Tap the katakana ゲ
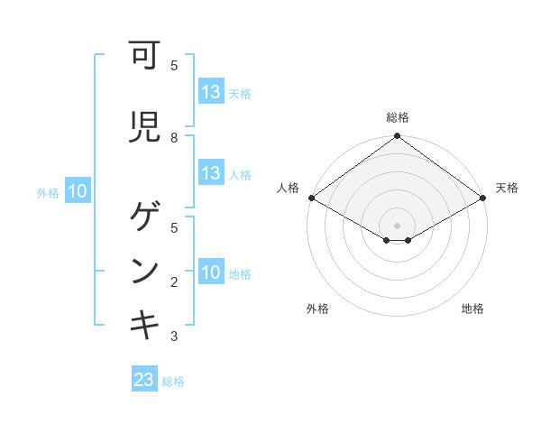144,217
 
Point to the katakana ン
144,271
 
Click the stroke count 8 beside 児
174,137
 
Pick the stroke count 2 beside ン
174,281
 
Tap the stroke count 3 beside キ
174,336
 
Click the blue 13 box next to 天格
211,92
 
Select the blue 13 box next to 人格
211,173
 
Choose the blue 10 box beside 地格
211,272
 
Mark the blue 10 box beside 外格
78,191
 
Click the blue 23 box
144,381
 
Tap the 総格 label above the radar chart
398,117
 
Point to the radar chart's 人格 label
289,188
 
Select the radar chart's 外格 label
317,309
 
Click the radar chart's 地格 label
472,309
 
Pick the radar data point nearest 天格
483,198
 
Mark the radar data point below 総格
398,137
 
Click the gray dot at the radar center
398,225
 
